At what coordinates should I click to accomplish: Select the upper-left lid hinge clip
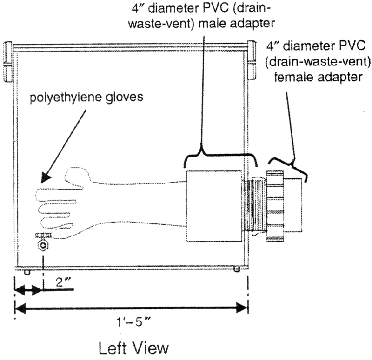coord(8,62)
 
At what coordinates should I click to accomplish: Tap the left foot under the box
coord(27,272)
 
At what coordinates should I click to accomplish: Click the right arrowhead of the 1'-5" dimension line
coord(243,307)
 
